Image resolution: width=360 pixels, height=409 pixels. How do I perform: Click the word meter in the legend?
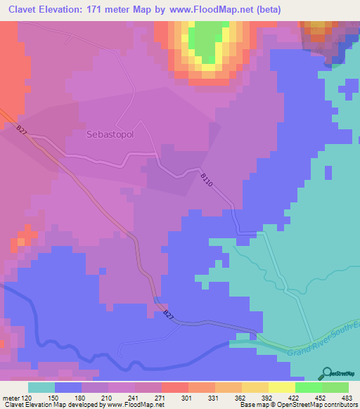point(10,397)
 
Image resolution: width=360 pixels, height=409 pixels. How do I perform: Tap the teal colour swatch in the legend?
point(41,387)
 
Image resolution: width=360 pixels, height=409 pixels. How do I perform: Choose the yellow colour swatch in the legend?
point(281,387)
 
